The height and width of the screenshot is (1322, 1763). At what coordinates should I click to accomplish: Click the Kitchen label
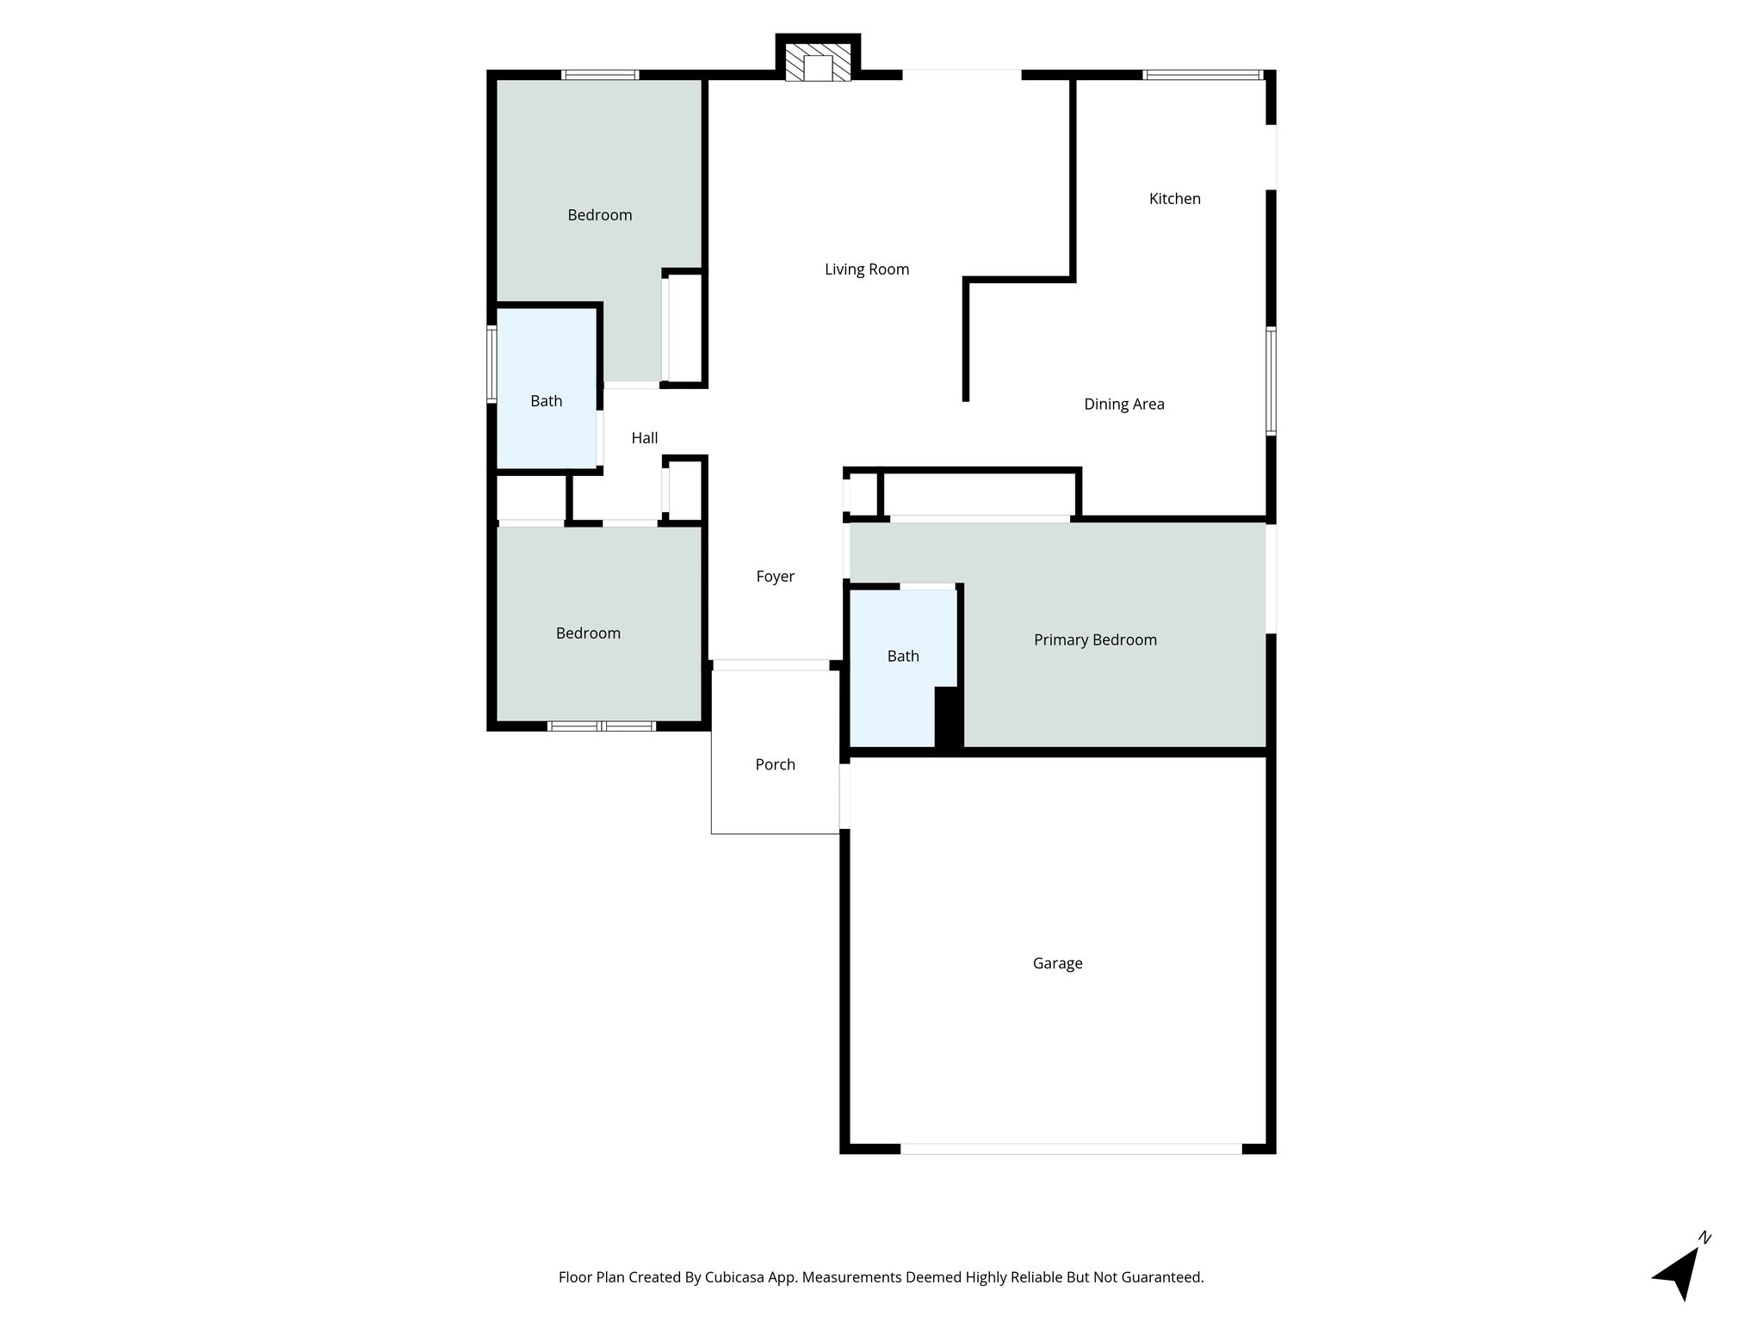pyautogui.click(x=1174, y=199)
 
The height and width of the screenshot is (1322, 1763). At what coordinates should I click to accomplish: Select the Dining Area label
pyautogui.click(x=1123, y=405)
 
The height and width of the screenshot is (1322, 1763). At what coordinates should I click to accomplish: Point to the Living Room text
pyautogui.click(x=866, y=269)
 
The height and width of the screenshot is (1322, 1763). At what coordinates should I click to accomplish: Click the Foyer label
pyautogui.click(x=775, y=577)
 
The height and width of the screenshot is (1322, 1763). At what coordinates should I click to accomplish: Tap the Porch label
pyautogui.click(x=775, y=764)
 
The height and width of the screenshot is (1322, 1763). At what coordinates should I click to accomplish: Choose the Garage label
pyautogui.click(x=1057, y=963)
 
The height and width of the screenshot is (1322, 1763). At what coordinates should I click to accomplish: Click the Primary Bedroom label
pyautogui.click(x=1094, y=639)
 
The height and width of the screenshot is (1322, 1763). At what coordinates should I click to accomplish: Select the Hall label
pyautogui.click(x=644, y=438)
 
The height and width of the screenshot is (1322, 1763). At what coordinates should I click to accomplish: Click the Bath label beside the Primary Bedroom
pyautogui.click(x=903, y=656)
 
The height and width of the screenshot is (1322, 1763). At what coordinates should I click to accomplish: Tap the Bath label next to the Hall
pyautogui.click(x=546, y=401)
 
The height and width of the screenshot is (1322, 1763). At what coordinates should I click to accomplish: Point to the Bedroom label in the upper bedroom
pyautogui.click(x=599, y=215)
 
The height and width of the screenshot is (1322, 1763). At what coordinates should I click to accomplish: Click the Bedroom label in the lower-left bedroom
pyautogui.click(x=588, y=633)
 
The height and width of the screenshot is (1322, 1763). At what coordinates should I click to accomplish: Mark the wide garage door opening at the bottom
pyautogui.click(x=1071, y=1148)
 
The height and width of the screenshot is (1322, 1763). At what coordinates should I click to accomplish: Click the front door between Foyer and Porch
pyautogui.click(x=770, y=665)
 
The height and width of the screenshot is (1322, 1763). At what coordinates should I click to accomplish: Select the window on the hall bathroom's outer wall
pyautogui.click(x=492, y=364)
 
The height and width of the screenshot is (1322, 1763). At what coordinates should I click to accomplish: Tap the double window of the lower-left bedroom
pyautogui.click(x=602, y=726)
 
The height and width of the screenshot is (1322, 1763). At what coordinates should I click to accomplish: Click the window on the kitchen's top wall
pyautogui.click(x=1203, y=75)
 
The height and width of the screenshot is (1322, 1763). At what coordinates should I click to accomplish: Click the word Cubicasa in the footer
pyautogui.click(x=737, y=1277)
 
